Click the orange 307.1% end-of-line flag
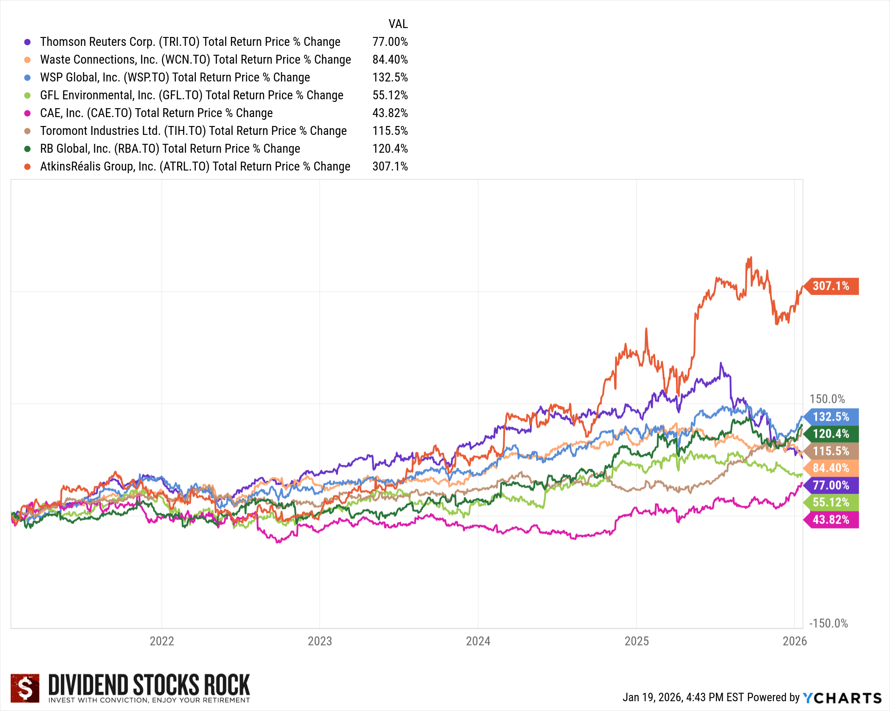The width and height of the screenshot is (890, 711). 831,286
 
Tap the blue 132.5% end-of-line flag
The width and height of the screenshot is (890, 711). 831,417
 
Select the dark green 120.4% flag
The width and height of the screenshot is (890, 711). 831,434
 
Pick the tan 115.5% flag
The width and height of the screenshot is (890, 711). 831,451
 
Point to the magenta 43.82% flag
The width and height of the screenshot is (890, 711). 831,520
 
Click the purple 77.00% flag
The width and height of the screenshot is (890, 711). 831,485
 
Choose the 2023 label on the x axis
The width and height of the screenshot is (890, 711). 320,641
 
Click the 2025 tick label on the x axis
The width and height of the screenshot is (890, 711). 636,641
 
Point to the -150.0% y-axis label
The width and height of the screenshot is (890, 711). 829,623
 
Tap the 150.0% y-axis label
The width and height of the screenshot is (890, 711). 827,399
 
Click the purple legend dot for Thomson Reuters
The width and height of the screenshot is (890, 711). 28,42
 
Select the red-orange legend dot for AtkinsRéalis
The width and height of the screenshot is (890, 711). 28,167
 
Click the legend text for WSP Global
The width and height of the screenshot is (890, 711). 175,77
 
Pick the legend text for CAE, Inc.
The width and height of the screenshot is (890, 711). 156,113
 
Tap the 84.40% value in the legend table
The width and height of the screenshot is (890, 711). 390,60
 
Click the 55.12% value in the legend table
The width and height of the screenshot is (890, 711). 390,95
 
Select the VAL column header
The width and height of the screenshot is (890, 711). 398,24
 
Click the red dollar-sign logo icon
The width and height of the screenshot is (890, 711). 25,688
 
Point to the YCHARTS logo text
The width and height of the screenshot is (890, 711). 842,698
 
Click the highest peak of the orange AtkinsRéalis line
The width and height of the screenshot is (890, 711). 750,257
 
